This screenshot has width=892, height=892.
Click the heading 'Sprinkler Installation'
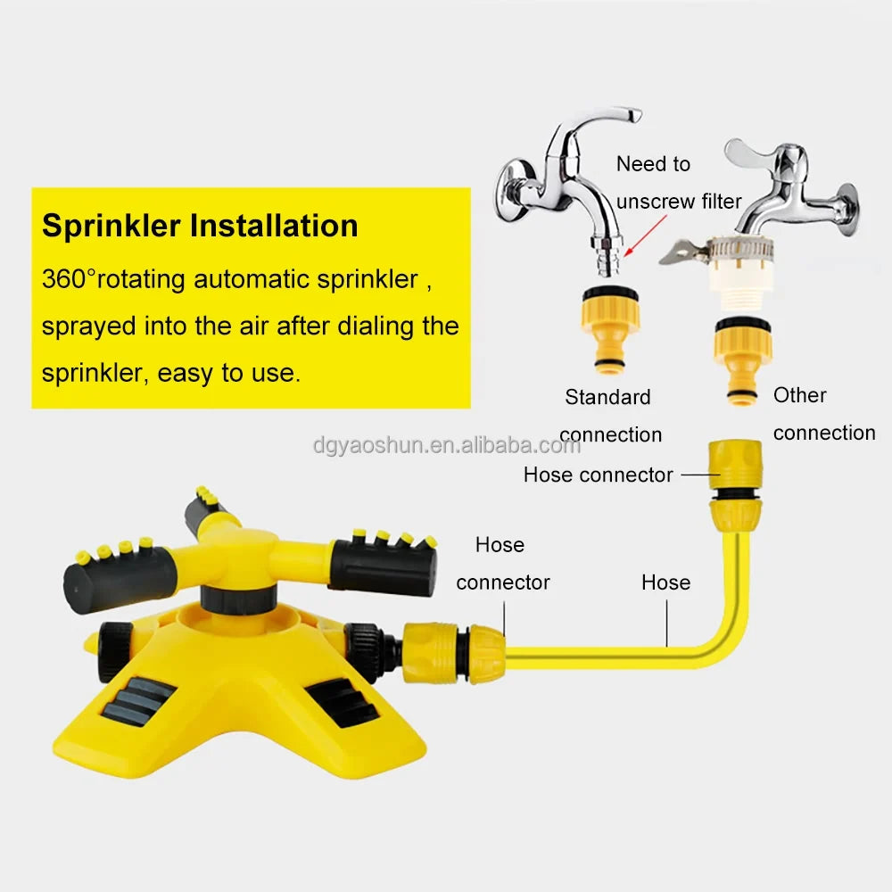point(200,226)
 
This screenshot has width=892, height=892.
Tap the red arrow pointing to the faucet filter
point(645,236)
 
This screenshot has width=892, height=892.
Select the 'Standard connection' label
point(610,416)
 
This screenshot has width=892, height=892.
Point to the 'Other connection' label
point(823,414)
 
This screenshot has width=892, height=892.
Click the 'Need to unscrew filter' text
point(679,183)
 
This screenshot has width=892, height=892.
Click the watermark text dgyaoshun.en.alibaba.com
point(447,445)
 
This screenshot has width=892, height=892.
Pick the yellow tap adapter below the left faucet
point(610,330)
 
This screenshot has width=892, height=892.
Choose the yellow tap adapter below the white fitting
point(742,360)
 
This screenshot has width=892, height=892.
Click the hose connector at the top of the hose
point(735,484)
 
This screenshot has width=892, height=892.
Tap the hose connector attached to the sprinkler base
point(454,652)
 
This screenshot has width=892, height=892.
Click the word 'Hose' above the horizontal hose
point(665,582)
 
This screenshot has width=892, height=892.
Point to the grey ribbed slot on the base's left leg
point(138,701)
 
